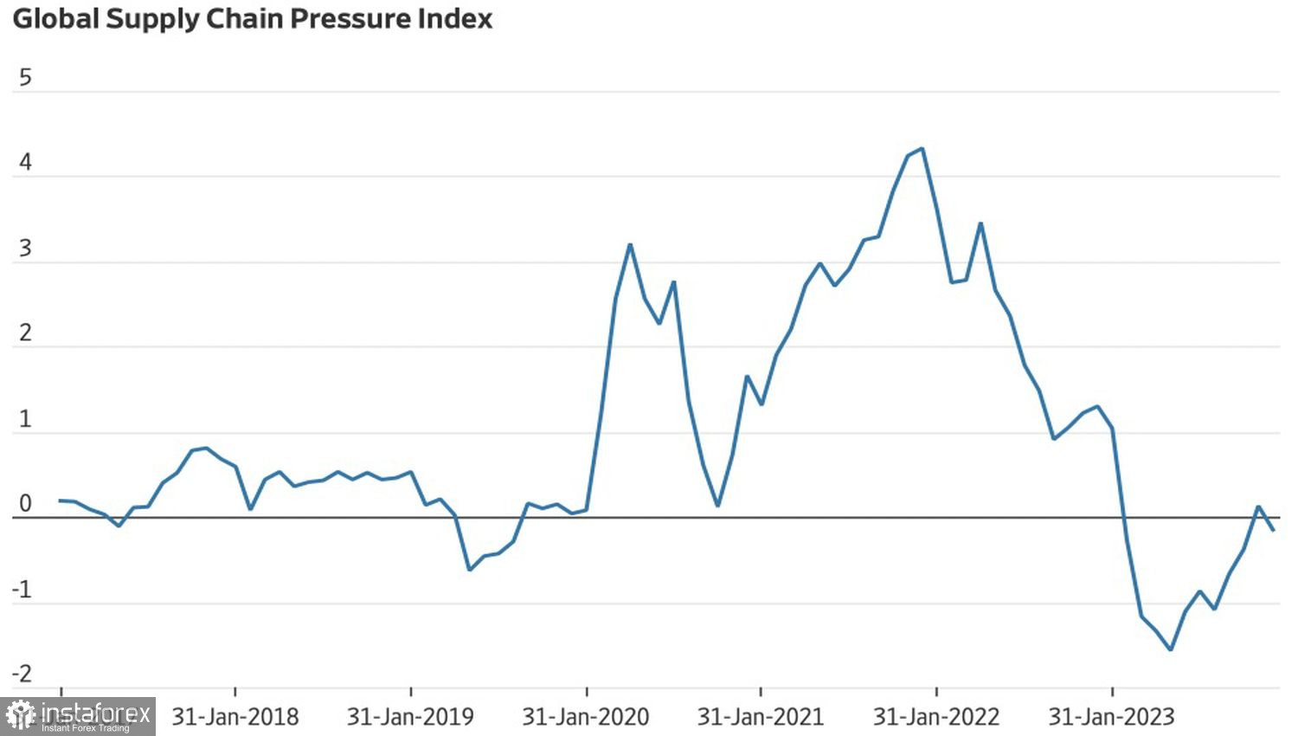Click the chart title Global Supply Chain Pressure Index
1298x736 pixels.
[x=252, y=19]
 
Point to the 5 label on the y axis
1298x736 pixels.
[x=25, y=78]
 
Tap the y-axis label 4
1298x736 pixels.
[x=25, y=163]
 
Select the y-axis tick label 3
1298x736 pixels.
[x=25, y=249]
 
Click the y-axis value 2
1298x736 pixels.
[x=25, y=333]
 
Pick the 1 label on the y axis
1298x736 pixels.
[x=25, y=419]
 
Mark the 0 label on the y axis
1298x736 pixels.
[x=25, y=504]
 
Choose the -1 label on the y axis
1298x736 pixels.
[x=22, y=590]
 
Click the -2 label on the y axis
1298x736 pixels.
[x=22, y=674]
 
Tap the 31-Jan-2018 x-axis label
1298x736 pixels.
[x=235, y=717]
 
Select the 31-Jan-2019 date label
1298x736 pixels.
[x=410, y=717]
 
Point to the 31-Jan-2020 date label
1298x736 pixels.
[x=586, y=717]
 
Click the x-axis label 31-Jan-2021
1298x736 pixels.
[x=761, y=717]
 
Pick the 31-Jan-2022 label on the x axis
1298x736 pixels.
[x=936, y=717]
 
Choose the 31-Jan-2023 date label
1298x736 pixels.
[x=1112, y=717]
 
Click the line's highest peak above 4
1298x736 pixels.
[x=922, y=149]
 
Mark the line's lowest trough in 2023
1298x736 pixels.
[x=1171, y=649]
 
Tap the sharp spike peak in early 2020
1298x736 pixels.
[x=630, y=245]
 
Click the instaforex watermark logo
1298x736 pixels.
[x=78, y=716]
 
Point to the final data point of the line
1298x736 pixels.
[x=1273, y=530]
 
